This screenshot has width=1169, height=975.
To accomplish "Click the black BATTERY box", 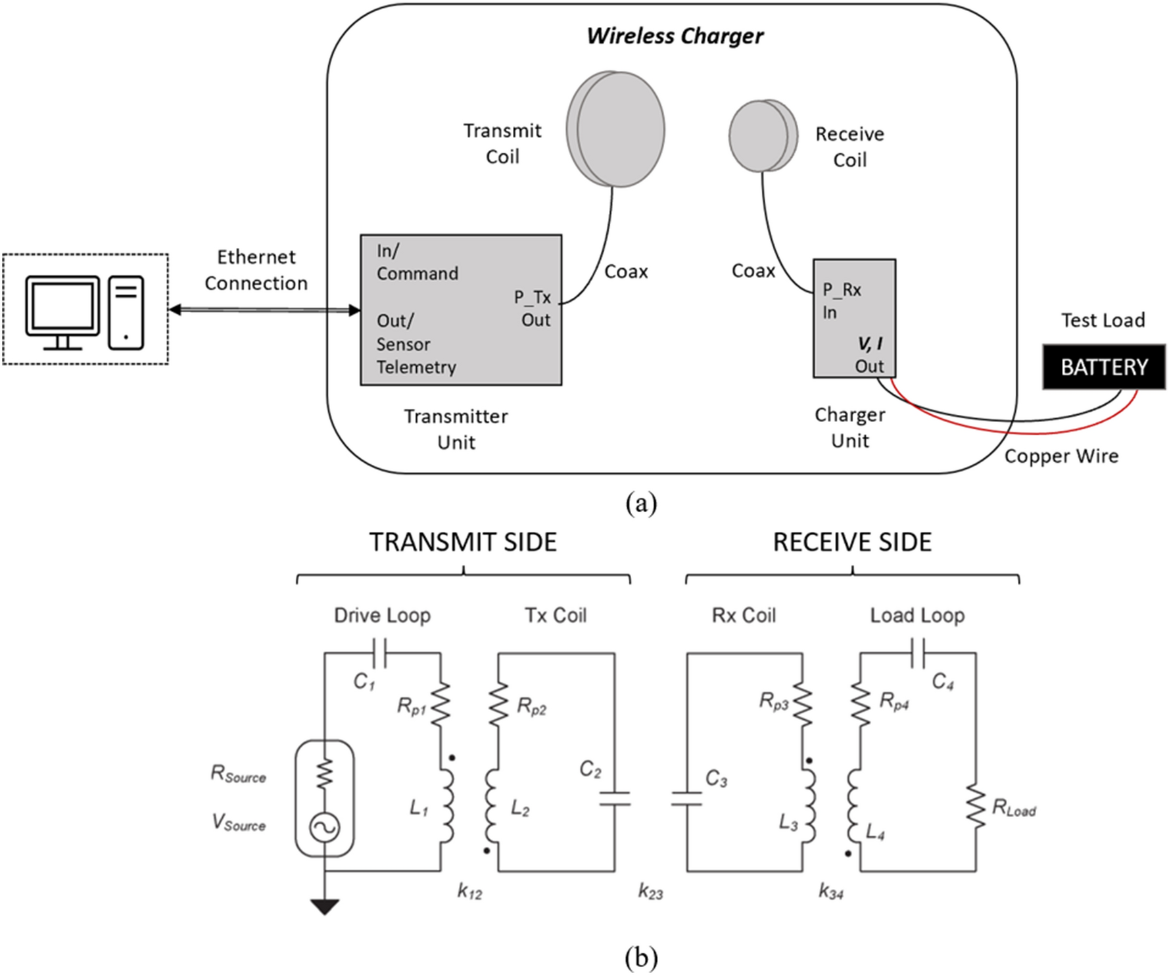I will coord(1103,367).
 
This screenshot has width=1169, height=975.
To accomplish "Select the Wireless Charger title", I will coord(675,36).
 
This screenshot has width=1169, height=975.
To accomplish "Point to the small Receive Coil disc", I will coord(763,135).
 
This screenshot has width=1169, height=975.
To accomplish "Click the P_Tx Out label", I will coord(533,308).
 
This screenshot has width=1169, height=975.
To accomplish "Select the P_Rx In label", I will coord(842,300).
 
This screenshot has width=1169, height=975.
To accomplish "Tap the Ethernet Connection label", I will coord(256,270).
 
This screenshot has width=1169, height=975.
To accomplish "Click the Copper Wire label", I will coord(1061,456).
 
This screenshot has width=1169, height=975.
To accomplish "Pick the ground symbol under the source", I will coord(325,907).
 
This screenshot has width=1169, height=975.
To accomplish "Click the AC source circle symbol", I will coord(325,828).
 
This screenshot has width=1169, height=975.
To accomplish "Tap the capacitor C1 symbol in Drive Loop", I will coord(379,653).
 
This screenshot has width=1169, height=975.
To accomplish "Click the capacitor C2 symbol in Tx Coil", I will coord(615,798).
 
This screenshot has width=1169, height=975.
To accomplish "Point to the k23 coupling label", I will coord(650,892).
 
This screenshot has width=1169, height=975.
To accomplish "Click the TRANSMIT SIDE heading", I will coord(463,542).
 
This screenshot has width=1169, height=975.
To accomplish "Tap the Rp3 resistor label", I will coord(773,702).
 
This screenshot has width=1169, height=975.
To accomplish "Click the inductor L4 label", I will coord(875,833).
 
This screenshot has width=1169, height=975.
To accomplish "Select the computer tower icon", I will coord(126,312).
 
